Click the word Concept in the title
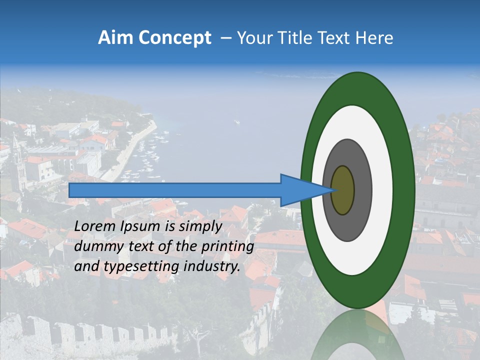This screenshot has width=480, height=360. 174,38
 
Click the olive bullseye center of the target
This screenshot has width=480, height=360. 343,190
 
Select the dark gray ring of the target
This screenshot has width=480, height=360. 362,190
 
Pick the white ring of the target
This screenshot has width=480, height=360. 382,190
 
